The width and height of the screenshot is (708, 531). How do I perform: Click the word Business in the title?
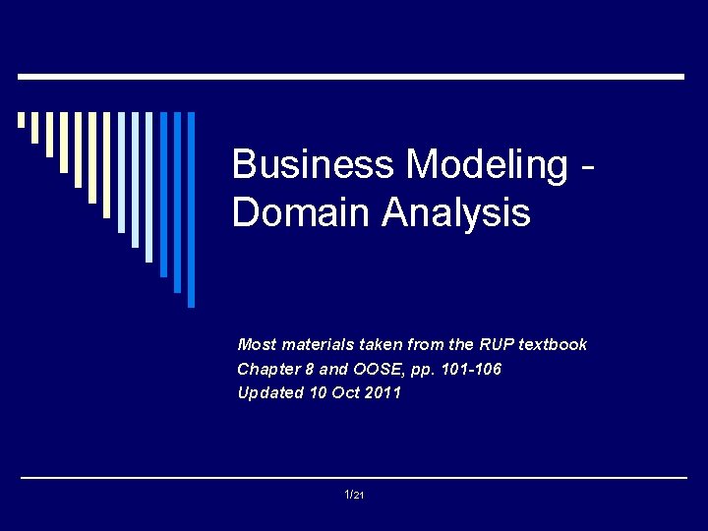313,164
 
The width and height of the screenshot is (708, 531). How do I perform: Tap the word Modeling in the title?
487,164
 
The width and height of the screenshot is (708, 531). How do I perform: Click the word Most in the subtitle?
258,344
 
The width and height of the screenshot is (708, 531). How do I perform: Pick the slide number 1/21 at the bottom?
354,495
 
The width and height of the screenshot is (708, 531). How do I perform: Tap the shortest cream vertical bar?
21,120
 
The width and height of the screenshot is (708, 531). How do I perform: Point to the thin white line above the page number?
354,478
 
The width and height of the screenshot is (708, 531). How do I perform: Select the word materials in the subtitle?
315,344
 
